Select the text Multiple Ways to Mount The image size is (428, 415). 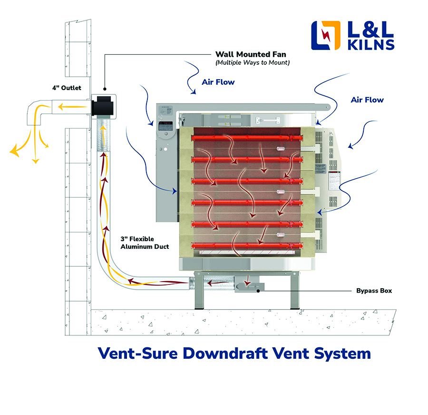pyautogui.click(x=253, y=63)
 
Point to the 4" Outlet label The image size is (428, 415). pyautogui.click(x=67, y=88)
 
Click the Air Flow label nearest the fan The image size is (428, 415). pyautogui.click(x=218, y=82)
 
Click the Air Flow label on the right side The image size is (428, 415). pyautogui.click(x=367, y=100)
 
